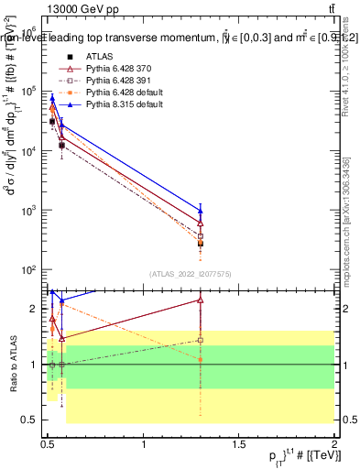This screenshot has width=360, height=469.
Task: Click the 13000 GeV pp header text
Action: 79,8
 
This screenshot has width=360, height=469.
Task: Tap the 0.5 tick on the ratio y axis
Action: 33,420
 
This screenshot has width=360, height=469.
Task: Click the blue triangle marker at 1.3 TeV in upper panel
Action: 201,210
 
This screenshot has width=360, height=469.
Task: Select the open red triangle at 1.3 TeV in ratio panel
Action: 201,300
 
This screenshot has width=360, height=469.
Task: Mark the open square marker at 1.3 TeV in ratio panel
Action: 201,340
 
